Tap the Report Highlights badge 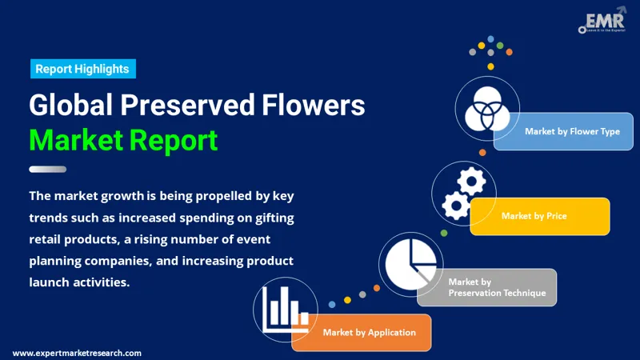(83, 69)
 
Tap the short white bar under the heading (47, 169)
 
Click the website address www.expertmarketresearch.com (77, 353)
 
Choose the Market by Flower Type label (571, 131)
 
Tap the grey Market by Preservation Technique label (496, 287)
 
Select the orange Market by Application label (369, 332)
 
